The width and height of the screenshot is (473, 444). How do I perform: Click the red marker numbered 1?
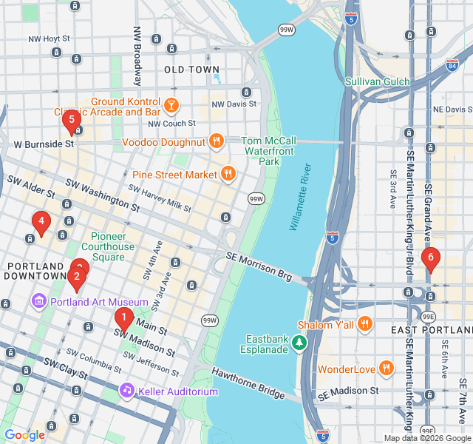point(123,320)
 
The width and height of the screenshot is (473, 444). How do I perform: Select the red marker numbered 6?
point(430,258)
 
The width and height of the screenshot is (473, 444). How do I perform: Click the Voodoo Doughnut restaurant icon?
point(216,141)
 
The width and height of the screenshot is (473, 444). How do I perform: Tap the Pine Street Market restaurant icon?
point(228,175)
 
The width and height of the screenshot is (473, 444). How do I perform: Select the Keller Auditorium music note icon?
point(127,390)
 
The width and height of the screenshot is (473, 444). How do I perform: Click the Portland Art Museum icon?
point(38,302)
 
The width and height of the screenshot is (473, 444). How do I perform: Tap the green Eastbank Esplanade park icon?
point(299,343)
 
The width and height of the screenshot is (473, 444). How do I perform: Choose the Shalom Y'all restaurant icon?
point(364,324)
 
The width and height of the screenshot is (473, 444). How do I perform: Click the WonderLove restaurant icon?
point(385,368)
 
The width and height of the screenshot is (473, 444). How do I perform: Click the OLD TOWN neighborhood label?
point(191,70)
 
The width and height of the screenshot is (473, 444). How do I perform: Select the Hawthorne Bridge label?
point(248,383)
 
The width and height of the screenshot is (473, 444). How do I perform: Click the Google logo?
point(24,435)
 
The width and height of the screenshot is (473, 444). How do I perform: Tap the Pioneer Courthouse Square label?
point(108,246)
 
